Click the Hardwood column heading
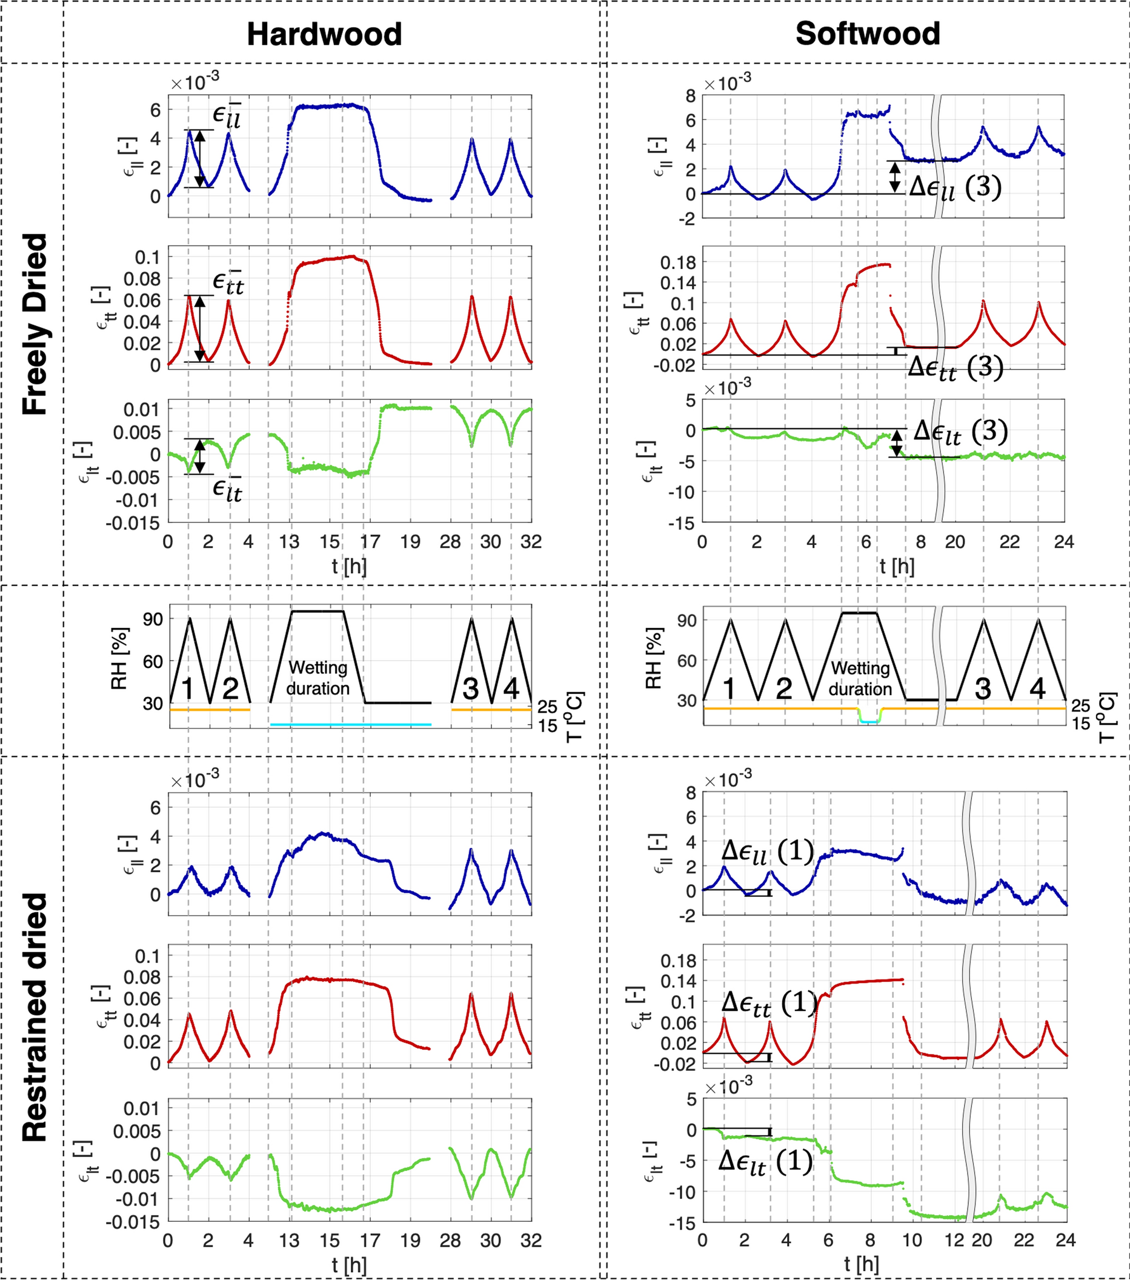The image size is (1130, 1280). pyautogui.click(x=324, y=34)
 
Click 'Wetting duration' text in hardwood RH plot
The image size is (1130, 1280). pyautogui.click(x=318, y=678)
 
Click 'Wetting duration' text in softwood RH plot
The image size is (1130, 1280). pyautogui.click(x=860, y=678)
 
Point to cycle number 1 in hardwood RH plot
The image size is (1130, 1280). pyautogui.click(x=187, y=689)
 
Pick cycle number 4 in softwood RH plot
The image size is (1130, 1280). pyautogui.click(x=1038, y=689)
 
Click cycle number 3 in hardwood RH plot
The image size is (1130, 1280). pyautogui.click(x=470, y=689)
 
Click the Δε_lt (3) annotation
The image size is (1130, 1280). pyautogui.click(x=961, y=431)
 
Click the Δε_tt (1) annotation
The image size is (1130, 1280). pyautogui.click(x=769, y=1003)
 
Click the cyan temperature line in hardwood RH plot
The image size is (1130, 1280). pyautogui.click(x=351, y=724)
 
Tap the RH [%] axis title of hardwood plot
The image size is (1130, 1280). pyautogui.click(x=119, y=658)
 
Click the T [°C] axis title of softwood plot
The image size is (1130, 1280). pyautogui.click(x=1108, y=717)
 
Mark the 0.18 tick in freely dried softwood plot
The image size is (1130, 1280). pyautogui.click(x=678, y=262)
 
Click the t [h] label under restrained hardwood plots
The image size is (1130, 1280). pyautogui.click(x=350, y=1264)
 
